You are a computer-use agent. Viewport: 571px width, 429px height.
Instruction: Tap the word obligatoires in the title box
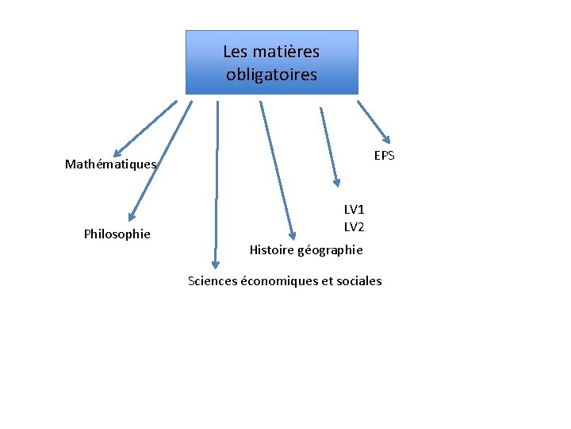pos(271,75)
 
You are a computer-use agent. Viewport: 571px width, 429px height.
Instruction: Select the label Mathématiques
pos(111,165)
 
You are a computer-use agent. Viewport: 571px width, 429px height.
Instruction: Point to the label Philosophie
pos(117,234)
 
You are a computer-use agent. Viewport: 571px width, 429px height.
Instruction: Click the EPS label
pos(384,156)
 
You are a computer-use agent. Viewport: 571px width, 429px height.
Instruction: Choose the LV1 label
pos(354,210)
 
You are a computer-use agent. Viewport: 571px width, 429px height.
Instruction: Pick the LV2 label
pos(354,227)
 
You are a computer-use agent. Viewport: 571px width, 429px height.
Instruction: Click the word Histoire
pos(271,249)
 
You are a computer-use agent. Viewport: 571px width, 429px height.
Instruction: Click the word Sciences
pos(212,280)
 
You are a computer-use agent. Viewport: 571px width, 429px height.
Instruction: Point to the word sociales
pos(358,280)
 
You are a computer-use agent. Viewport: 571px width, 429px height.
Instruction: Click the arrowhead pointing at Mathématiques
pos(117,153)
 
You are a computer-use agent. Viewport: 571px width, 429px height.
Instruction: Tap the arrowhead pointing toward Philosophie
pos(132,215)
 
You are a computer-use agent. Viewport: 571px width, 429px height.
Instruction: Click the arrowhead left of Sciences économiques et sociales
pos(213,265)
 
